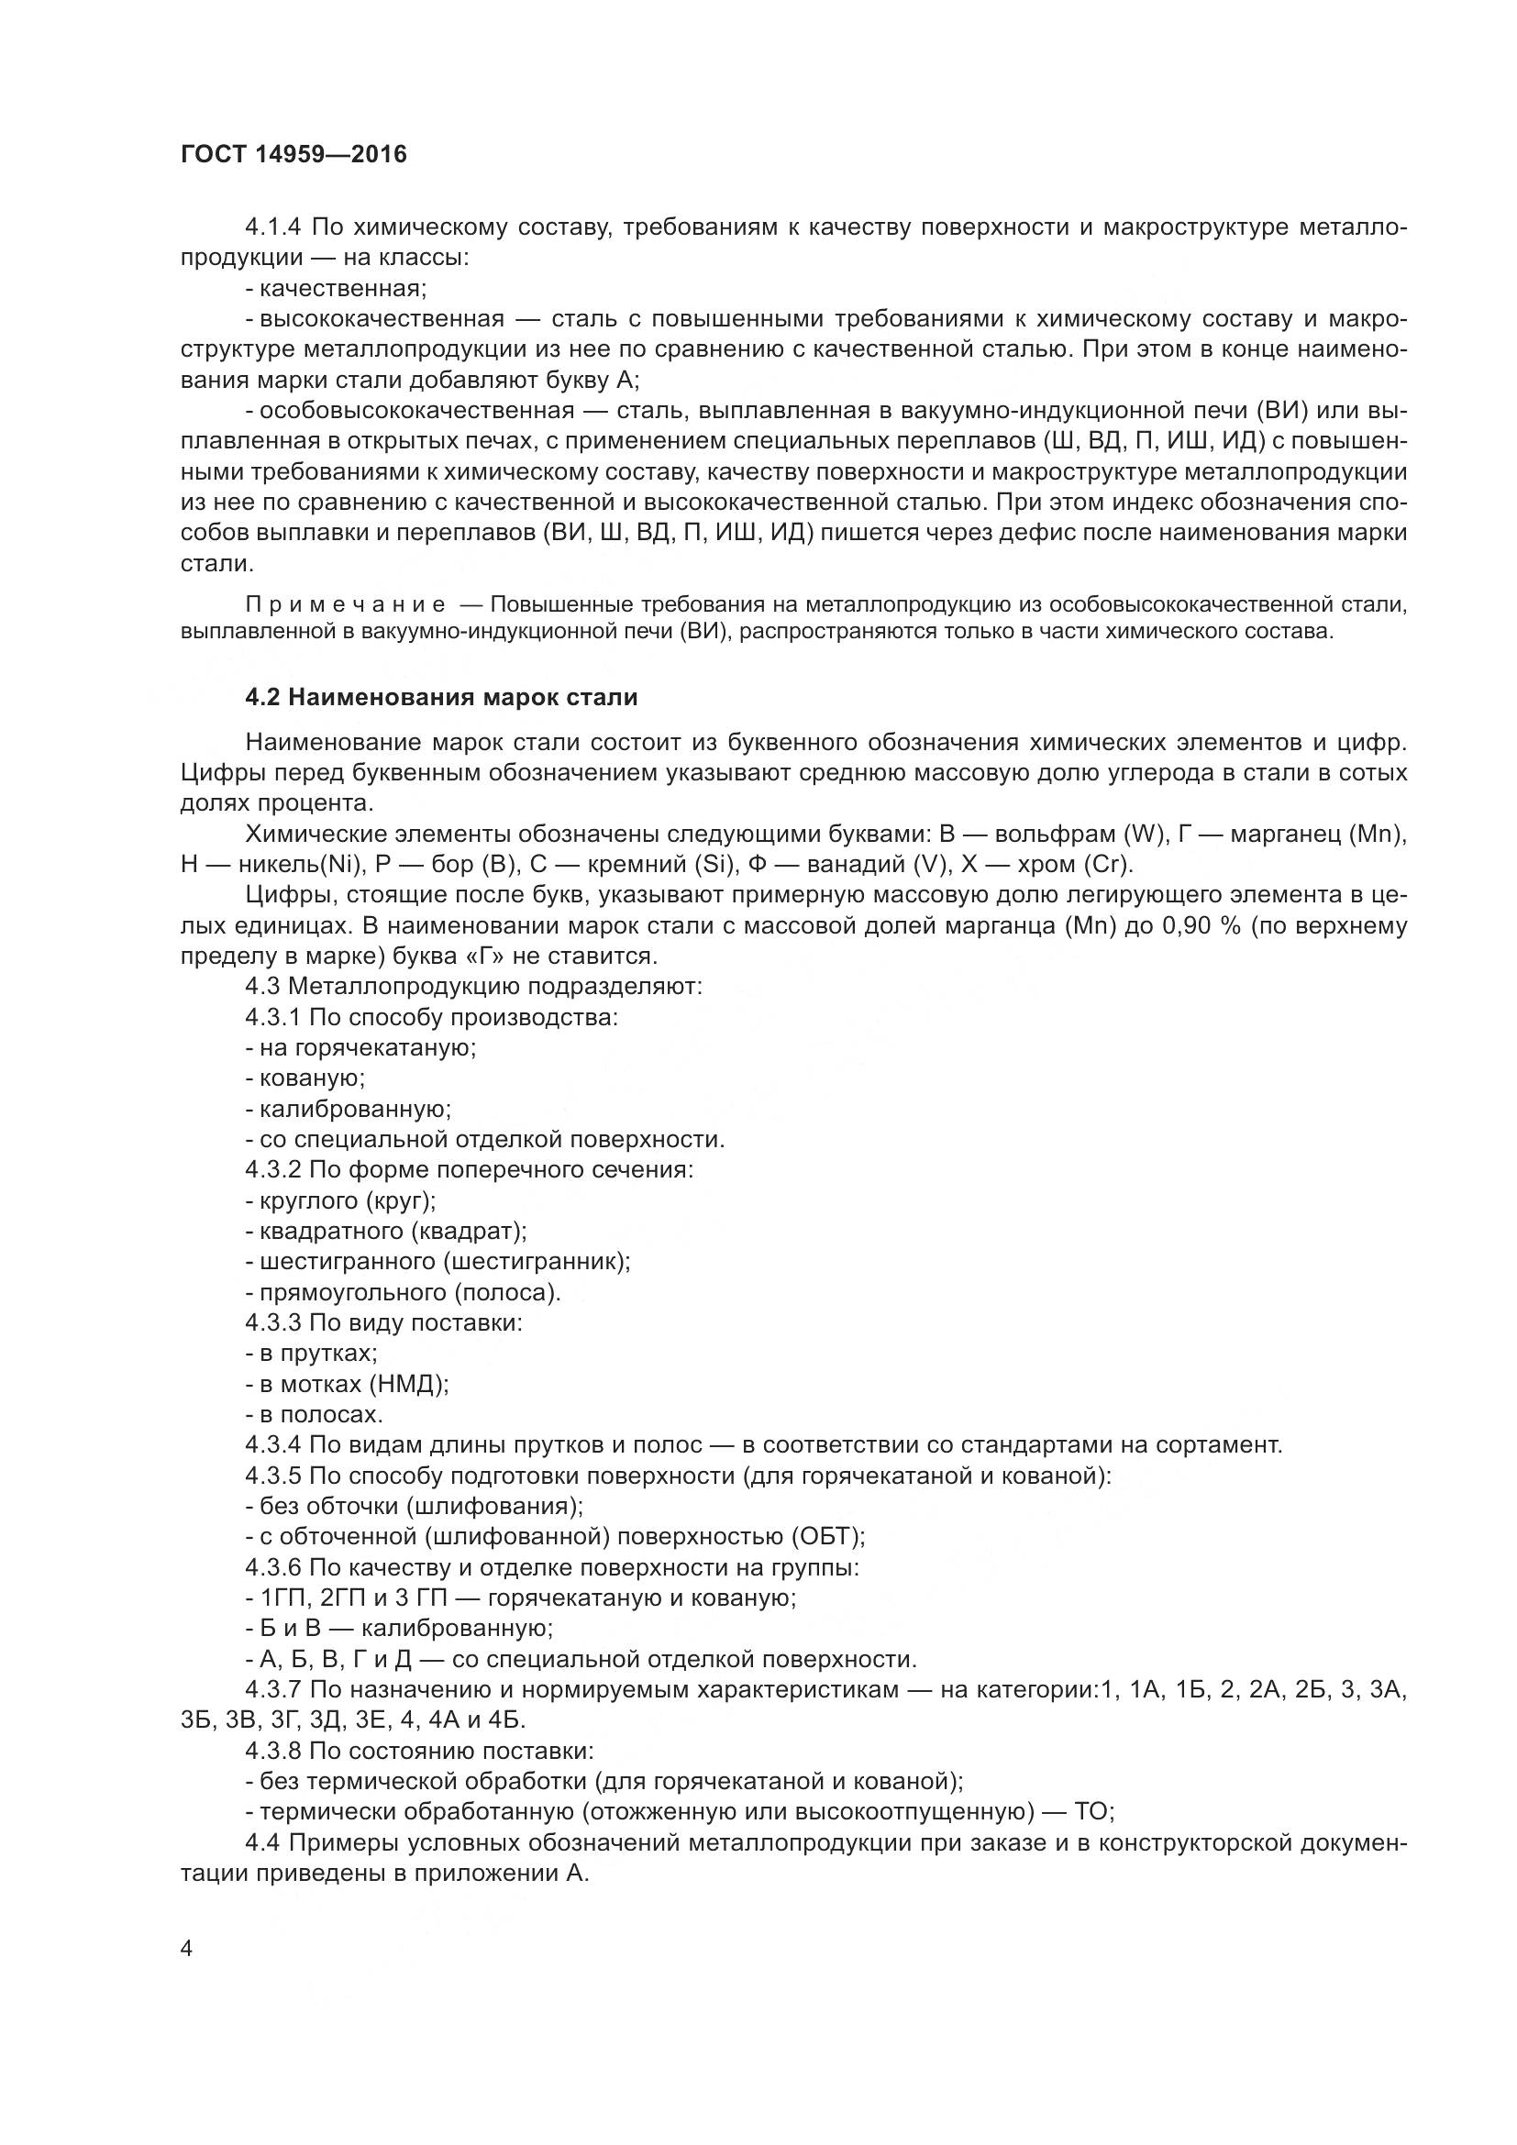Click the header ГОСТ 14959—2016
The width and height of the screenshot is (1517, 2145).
coord(293,154)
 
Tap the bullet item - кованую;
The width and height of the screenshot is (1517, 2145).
coord(305,1078)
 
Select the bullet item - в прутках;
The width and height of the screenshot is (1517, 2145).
coord(312,1353)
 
